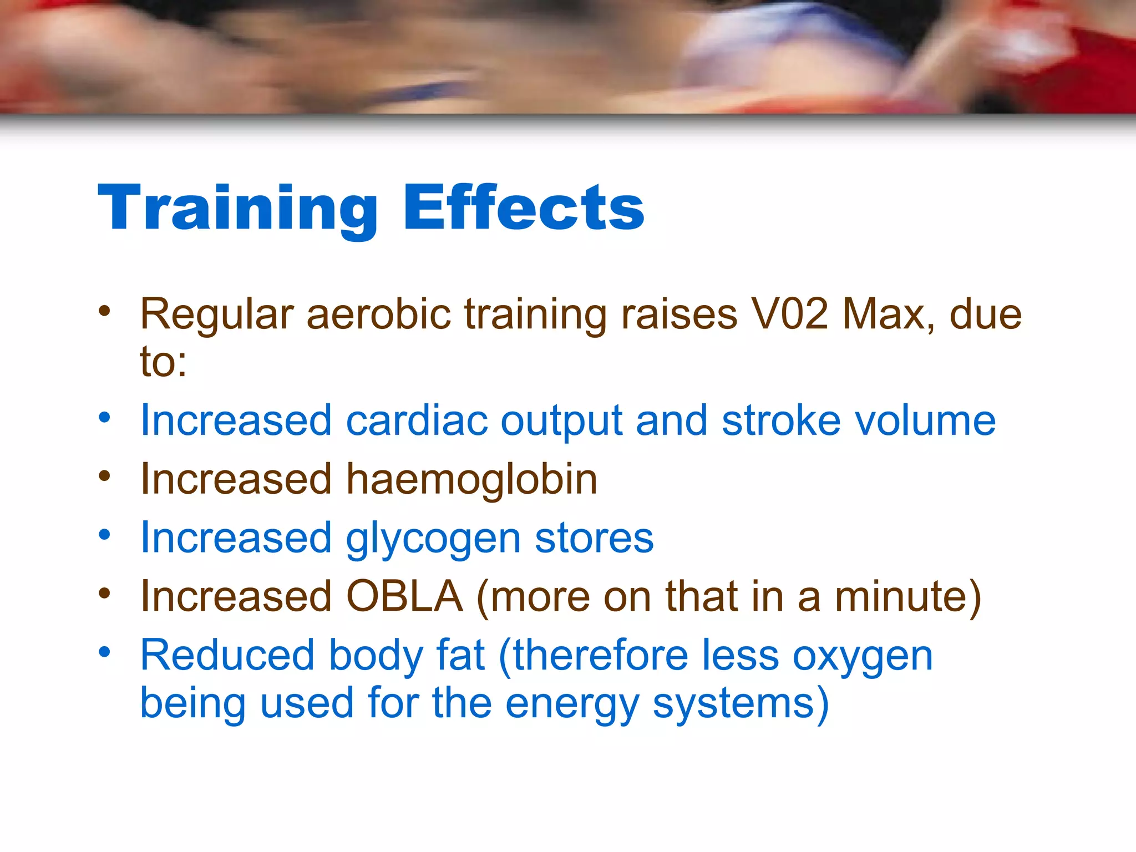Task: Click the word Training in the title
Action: point(237,208)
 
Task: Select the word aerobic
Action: point(379,314)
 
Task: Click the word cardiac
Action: point(417,420)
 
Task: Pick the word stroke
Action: point(781,420)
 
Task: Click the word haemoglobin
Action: point(472,479)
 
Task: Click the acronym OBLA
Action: point(405,597)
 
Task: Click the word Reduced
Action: point(227,656)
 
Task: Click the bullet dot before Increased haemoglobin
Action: point(104,476)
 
